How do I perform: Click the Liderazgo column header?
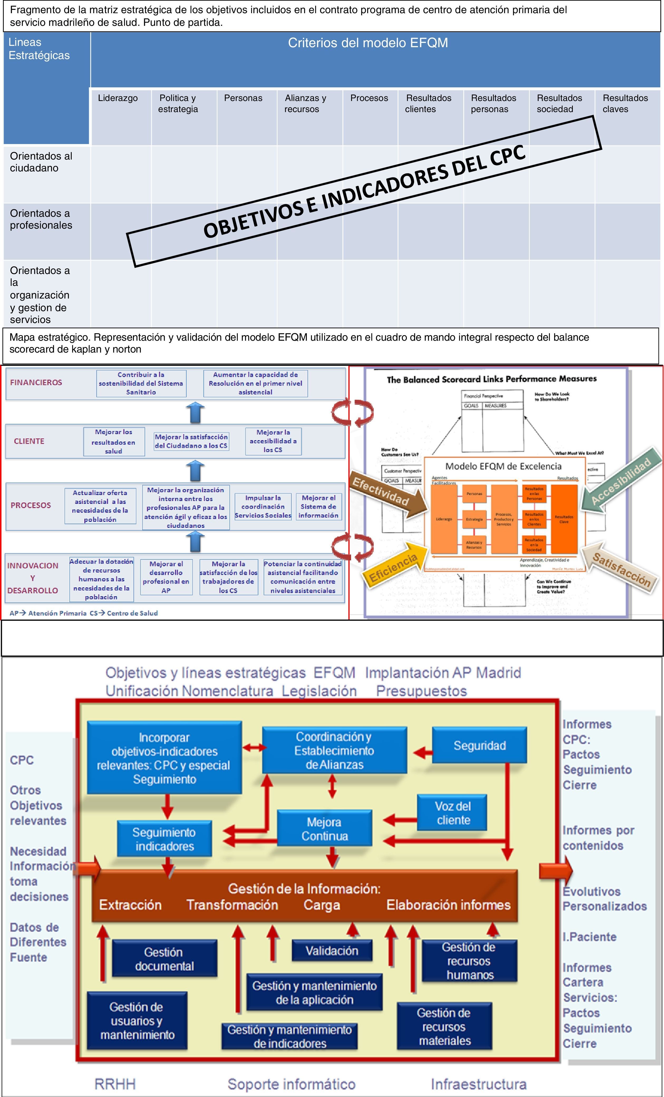click(118, 98)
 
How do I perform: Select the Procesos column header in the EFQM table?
click(369, 98)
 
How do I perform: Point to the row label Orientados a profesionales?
click(41, 219)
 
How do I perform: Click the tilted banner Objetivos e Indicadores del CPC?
click(364, 191)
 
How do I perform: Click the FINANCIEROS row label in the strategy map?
click(36, 382)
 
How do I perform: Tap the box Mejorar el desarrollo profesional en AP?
click(166, 577)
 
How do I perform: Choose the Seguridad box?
click(479, 746)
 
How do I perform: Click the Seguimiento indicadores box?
click(164, 839)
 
